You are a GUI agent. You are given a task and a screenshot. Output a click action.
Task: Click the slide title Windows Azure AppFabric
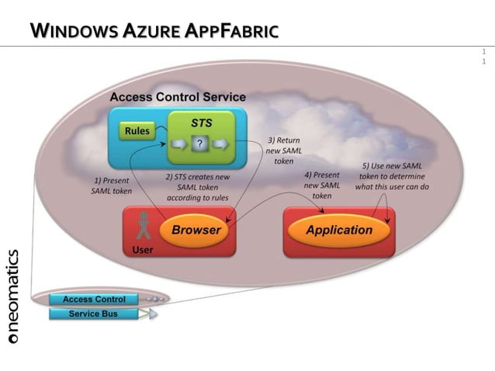(154, 31)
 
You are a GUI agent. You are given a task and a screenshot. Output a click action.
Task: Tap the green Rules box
(137, 131)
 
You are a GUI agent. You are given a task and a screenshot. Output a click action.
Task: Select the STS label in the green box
(202, 123)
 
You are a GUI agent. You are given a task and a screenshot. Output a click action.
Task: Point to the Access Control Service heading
(178, 97)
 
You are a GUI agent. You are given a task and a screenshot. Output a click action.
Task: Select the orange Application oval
(339, 230)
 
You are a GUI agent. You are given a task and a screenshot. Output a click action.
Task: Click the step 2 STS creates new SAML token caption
(199, 187)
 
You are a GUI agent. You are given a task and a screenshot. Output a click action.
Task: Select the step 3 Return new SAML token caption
(283, 151)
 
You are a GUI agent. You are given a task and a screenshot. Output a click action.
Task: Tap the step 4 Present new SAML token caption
(321, 185)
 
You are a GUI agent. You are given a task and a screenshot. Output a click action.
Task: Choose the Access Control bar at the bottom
(93, 299)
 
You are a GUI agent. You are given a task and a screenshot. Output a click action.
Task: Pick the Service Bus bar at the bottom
(93, 314)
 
